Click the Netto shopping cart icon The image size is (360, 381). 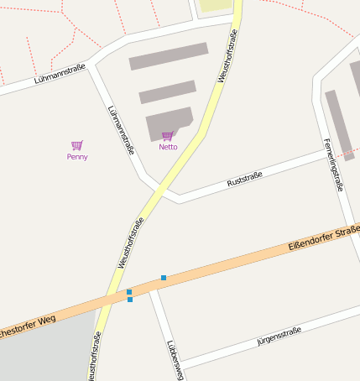(168, 136)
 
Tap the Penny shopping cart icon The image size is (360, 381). (77, 145)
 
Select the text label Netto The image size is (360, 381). (168, 147)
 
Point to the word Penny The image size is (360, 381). (77, 156)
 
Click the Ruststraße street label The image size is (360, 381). (245, 179)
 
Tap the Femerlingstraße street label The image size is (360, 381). (333, 164)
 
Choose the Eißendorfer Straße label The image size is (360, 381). (323, 238)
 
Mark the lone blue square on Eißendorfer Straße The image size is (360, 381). (164, 277)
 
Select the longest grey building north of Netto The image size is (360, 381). (168, 56)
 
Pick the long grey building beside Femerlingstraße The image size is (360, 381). (339, 123)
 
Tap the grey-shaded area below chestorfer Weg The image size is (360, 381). (42, 352)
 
